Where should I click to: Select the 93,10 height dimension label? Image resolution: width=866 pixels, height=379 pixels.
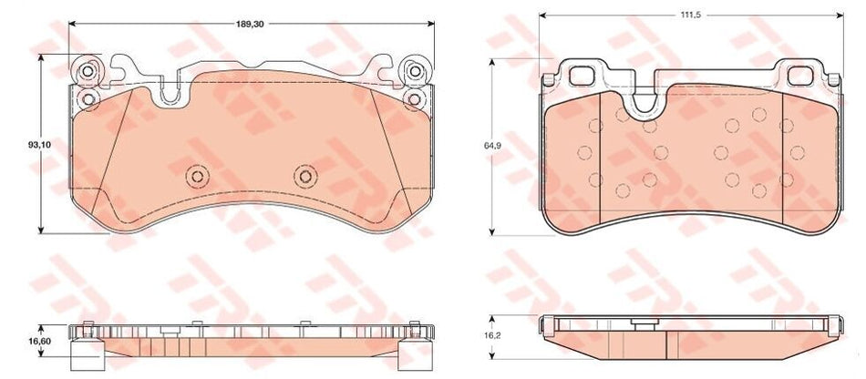pyautogui.click(x=40, y=145)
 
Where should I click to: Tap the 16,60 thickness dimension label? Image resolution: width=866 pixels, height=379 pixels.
pyautogui.click(x=40, y=342)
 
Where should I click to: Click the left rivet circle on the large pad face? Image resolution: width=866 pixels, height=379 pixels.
pyautogui.click(x=197, y=177)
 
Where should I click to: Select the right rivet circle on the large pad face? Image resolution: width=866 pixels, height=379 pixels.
pyautogui.click(x=305, y=177)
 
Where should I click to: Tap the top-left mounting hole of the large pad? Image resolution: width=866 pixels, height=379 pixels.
pyautogui.click(x=88, y=71)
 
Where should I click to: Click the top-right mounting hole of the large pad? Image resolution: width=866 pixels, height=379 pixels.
pyautogui.click(x=415, y=71)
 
